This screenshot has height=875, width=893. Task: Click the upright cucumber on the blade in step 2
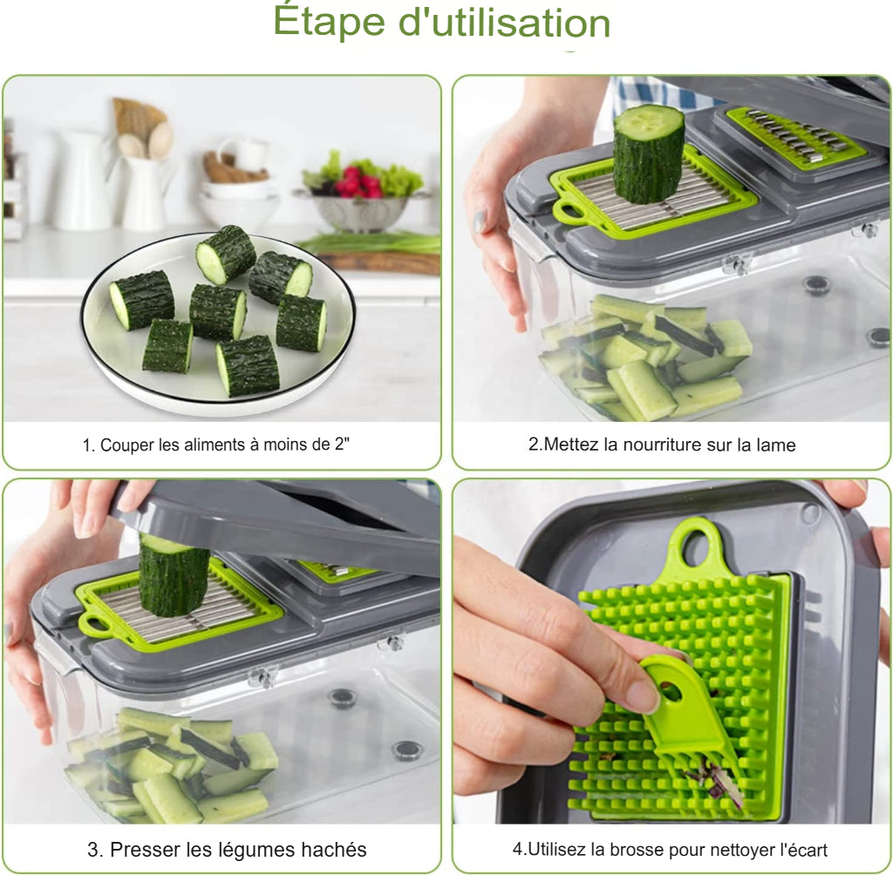click(648, 153)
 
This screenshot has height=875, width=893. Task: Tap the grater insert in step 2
click(794, 138)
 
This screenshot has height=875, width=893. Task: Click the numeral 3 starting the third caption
click(92, 849)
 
